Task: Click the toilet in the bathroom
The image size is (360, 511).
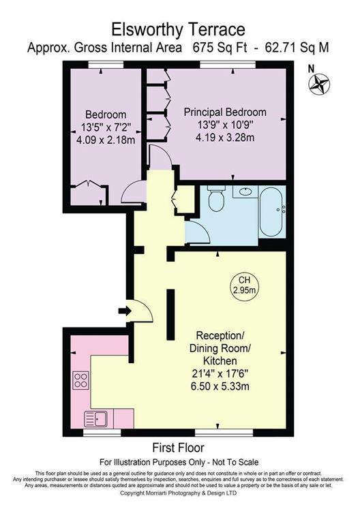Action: pos(217,200)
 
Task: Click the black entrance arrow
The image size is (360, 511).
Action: pos(125,311)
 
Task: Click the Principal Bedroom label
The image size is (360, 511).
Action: pos(226,112)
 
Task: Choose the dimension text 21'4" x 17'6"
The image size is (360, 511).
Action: pos(220,373)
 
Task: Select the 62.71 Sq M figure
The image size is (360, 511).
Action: pos(297,48)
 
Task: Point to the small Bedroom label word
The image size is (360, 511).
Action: pos(99,114)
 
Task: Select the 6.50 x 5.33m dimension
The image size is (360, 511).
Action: pos(220,386)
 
